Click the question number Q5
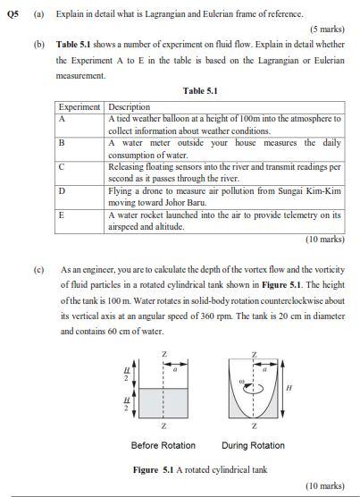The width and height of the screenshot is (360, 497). coord(13,14)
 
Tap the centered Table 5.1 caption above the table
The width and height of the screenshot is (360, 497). coord(200,90)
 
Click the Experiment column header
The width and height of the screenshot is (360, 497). coord(80,107)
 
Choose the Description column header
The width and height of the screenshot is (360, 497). coord(130,107)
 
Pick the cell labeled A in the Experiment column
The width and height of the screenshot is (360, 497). coord(62,118)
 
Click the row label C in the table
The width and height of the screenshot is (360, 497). coord(62,166)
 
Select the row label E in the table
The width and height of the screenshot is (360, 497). coord(62,215)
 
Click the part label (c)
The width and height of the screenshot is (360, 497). coord(39,267)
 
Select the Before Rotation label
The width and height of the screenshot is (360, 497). coord(163,445)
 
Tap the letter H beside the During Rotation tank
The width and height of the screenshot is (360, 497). coord(288,387)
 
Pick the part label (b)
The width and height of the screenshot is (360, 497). coord(39,44)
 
